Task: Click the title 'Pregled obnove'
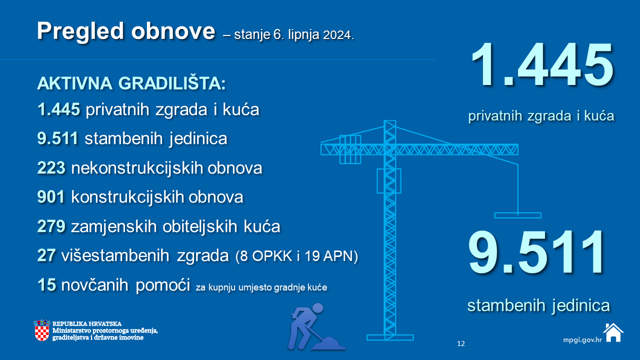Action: pyautogui.click(x=125, y=32)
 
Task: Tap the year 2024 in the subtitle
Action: pyautogui.click(x=338, y=35)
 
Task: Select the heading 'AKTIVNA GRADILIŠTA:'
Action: pyautogui.click(x=131, y=83)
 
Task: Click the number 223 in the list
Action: pyautogui.click(x=51, y=167)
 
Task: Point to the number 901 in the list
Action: pyautogui.click(x=51, y=197)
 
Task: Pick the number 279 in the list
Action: pyautogui.click(x=51, y=226)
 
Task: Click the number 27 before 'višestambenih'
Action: pyautogui.click(x=46, y=255)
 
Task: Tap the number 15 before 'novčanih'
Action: pyautogui.click(x=46, y=285)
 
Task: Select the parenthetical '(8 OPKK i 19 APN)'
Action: pyautogui.click(x=296, y=256)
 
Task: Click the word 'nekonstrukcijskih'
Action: pyautogui.click(x=137, y=167)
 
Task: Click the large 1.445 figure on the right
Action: pyautogui.click(x=542, y=64)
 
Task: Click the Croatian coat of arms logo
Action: pyautogui.click(x=41, y=330)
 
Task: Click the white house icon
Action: pyautogui.click(x=613, y=332)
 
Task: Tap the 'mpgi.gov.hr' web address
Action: pyautogui.click(x=582, y=340)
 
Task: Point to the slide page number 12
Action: pyautogui.click(x=461, y=343)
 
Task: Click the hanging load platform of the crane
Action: pyautogui.click(x=517, y=215)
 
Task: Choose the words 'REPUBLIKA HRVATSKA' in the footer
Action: pyautogui.click(x=87, y=323)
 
